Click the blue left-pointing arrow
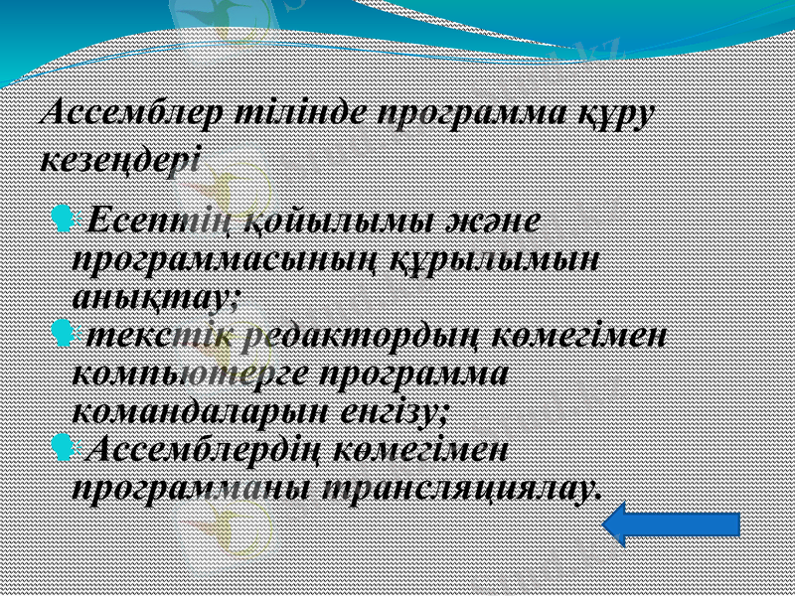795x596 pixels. [671, 523]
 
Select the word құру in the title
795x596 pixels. [614, 115]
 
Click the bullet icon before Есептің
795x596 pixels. [63, 216]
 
